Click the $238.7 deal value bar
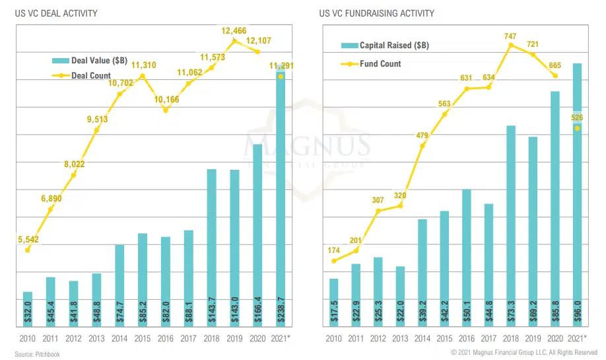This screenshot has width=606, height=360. pos(281,198)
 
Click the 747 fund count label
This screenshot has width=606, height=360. pos(510,36)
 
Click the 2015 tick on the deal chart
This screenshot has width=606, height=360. pos(143,339)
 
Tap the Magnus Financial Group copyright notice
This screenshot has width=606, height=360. pos(525,353)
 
